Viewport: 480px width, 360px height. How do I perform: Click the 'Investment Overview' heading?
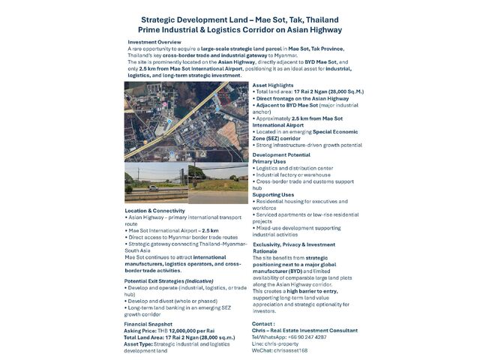154,42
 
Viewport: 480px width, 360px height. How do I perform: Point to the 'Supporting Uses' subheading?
273,195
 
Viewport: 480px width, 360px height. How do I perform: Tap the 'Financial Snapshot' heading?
153,323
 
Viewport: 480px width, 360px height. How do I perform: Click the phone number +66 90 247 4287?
307,337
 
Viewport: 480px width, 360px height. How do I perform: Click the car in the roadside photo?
153,187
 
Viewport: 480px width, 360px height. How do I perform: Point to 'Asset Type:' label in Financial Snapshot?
140,343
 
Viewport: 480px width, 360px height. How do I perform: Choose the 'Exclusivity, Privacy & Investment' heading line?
293,244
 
